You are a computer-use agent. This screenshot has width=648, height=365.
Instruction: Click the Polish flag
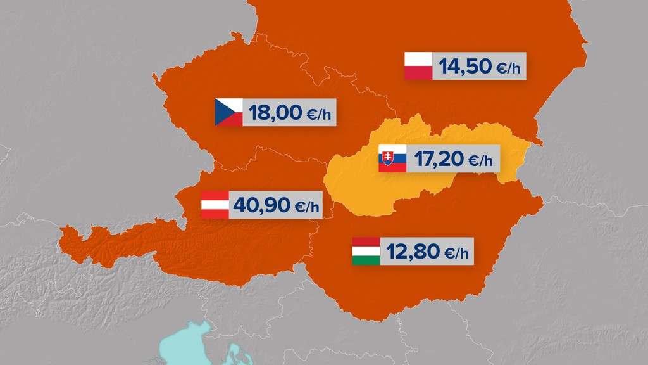pyautogui.click(x=418, y=66)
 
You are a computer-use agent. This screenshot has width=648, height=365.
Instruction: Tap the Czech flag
pyautogui.click(x=229, y=112)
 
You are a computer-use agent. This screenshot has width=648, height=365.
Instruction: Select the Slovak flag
pyautogui.click(x=392, y=158)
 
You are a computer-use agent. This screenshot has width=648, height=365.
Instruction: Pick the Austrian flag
pyautogui.click(x=215, y=205)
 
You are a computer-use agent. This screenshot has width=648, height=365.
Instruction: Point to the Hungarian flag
pyautogui.click(x=366, y=251)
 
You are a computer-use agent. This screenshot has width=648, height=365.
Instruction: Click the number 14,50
pyautogui.click(x=465, y=67)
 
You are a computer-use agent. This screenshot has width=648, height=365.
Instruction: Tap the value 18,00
pyautogui.click(x=275, y=113)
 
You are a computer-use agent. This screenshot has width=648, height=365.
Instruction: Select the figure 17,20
pyautogui.click(x=439, y=159)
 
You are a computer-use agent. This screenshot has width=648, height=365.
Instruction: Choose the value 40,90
pyautogui.click(x=261, y=205)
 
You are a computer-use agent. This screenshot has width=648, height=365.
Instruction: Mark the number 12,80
pyautogui.click(x=413, y=252)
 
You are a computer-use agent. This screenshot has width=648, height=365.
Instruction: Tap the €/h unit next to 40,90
pyautogui.click(x=307, y=207)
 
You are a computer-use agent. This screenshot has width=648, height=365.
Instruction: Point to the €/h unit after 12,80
pyautogui.click(x=457, y=253)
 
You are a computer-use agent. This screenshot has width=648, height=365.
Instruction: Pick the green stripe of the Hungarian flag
pyautogui.click(x=366, y=260)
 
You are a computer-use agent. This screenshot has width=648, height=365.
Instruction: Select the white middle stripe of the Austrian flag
pyautogui.click(x=215, y=205)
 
